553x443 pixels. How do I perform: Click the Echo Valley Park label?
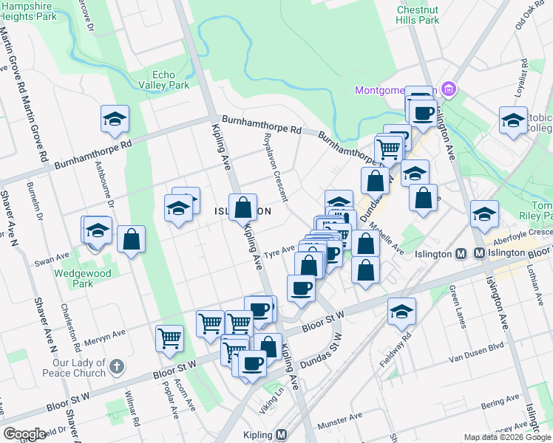pyautogui.click(x=171, y=80)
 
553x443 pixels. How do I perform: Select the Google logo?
pyautogui.click(x=24, y=434)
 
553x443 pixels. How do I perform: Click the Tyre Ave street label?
pyautogui.click(x=280, y=251)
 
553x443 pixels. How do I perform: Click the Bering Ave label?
pyautogui.click(x=495, y=405)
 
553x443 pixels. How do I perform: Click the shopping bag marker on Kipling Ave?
pyautogui.click(x=242, y=208)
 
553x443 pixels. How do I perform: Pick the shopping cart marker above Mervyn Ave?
pyautogui.click(x=170, y=338)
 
